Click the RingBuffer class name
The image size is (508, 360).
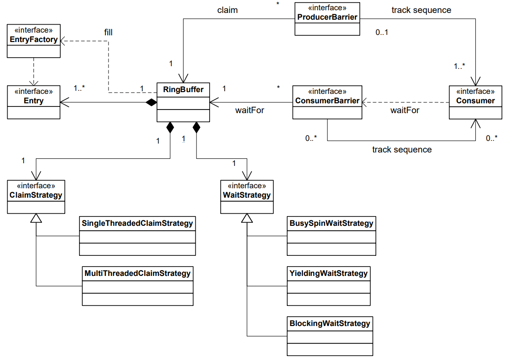183,89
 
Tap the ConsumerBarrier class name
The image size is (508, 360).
327,101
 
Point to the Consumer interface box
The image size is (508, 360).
475,102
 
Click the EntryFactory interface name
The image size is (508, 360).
34,40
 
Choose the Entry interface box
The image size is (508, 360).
34,102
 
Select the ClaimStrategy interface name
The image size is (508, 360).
36,195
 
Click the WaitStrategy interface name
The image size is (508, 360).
247,195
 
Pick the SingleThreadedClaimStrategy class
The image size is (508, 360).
137,236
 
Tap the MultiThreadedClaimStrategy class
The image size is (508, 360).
138,286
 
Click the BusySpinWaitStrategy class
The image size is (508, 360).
331,236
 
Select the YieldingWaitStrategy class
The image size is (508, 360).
328,286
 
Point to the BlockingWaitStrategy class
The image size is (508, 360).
330,336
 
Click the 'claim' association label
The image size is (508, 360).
227,10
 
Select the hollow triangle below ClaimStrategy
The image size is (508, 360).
36,218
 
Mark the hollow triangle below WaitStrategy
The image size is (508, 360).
247,218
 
